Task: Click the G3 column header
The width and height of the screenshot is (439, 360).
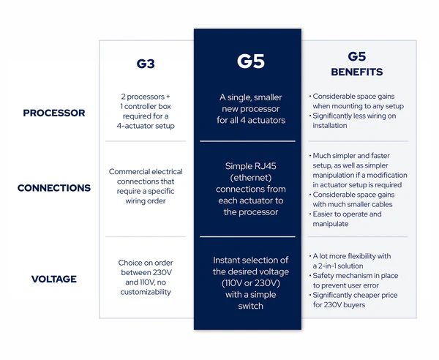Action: pyautogui.click(x=146, y=64)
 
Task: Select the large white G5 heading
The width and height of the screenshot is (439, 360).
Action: pyautogui.click(x=250, y=61)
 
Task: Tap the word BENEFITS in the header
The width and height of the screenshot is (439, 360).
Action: pyautogui.click(x=357, y=72)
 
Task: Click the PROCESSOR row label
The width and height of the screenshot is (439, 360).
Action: pyautogui.click(x=54, y=113)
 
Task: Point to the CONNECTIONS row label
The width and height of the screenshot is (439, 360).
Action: pyautogui.click(x=54, y=188)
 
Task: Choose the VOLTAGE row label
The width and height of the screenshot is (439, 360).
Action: pyautogui.click(x=54, y=279)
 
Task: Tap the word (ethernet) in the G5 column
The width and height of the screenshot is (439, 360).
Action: pyautogui.click(x=250, y=178)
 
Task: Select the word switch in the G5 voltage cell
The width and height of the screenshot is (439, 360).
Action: pyautogui.click(x=250, y=306)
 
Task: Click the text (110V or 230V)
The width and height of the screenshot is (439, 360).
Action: pyautogui.click(x=250, y=283)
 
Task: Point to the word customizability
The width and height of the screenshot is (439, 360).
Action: pyautogui.click(x=146, y=292)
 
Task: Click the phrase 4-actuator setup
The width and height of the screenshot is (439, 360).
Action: pyautogui.click(x=146, y=126)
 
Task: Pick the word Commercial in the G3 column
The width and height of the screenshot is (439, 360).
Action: pyautogui.click(x=127, y=172)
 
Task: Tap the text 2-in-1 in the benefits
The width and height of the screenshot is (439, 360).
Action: pyautogui.click(x=327, y=266)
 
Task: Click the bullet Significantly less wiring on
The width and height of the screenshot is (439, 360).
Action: pyautogui.click(x=354, y=116)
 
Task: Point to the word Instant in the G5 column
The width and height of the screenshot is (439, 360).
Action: pyautogui.click(x=225, y=260)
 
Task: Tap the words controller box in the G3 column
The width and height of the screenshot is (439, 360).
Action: pyautogui.click(x=148, y=106)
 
